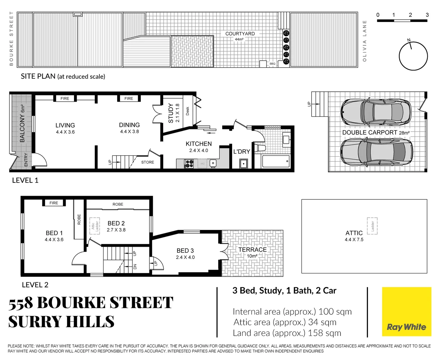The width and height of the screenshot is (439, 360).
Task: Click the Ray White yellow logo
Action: pyautogui.click(x=406, y=311)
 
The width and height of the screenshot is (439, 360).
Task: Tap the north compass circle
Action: pyautogui.click(x=413, y=56)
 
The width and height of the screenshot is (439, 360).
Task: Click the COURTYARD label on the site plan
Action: pyautogui.click(x=240, y=34)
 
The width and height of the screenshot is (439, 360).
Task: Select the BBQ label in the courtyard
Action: pyautogui.click(x=272, y=64)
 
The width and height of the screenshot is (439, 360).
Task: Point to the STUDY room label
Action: pyautogui.click(x=171, y=113)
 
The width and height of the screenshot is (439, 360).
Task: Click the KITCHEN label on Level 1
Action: pyautogui.click(x=198, y=144)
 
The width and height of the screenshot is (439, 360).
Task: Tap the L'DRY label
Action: pyautogui.click(x=242, y=152)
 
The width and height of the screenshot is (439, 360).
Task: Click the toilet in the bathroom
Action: pyautogui.click(x=260, y=148)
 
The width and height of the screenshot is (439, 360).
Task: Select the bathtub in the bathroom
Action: pyautogui.click(x=276, y=161)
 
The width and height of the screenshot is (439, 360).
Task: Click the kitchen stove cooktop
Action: pyautogui.click(x=189, y=164)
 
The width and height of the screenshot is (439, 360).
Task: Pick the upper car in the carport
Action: pyautogui.click(x=376, y=112)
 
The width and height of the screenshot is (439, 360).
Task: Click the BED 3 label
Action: pyautogui.click(x=185, y=251)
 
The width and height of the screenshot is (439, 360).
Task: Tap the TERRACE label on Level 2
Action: pyautogui.click(x=253, y=250)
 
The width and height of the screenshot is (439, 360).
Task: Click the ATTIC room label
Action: pyautogui.click(x=354, y=233)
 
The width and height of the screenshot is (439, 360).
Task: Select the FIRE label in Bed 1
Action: pyautogui.click(x=54, y=203)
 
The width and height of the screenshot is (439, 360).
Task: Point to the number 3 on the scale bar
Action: pyautogui.click(x=427, y=15)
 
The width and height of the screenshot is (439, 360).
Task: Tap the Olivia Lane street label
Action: pyautogui.click(x=365, y=41)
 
